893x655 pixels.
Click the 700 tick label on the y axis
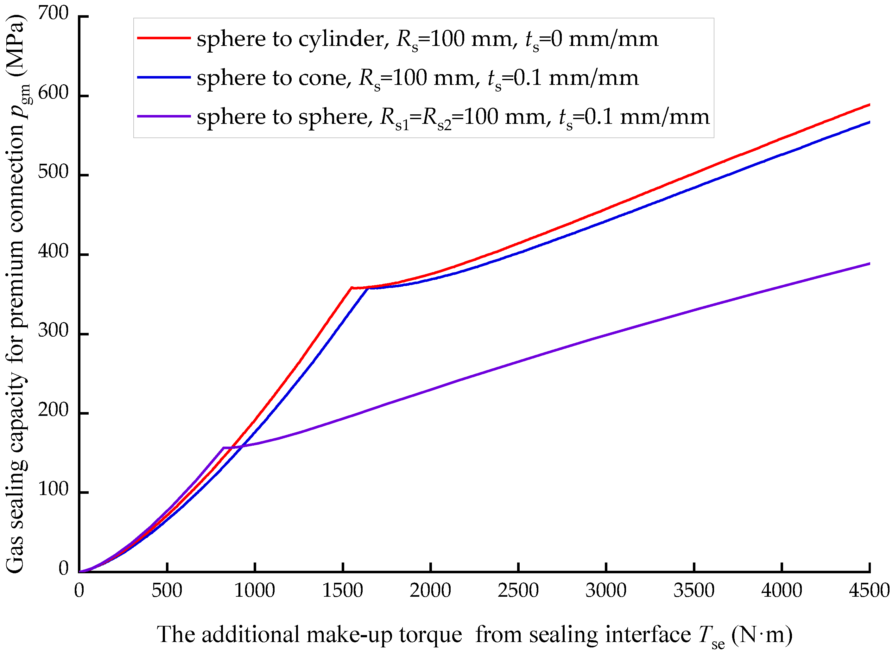pyautogui.click(x=53, y=14)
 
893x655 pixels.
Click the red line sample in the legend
pyautogui.click(x=164, y=38)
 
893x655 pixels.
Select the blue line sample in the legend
pyautogui.click(x=164, y=77)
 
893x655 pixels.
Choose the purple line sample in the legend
pyautogui.click(x=164, y=116)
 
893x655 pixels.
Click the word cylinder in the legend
pyautogui.click(x=341, y=40)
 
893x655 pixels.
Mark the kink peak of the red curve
pyautogui.click(x=351, y=288)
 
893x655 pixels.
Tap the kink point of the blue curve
pyautogui.click(x=369, y=288)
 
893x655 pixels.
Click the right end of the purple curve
pyautogui.click(x=869, y=264)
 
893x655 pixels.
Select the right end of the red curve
pyautogui.click(x=869, y=105)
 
